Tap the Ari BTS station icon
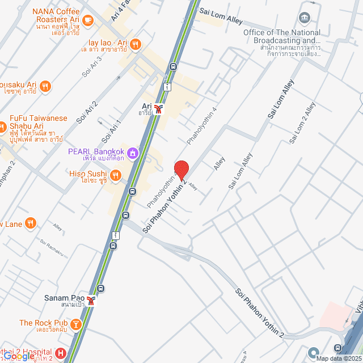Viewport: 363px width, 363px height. click(x=161, y=108)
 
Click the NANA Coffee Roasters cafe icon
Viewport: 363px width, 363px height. click(x=87, y=20)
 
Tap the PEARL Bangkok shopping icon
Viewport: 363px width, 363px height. click(x=133, y=152)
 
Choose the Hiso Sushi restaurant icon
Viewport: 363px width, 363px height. click(x=116, y=176)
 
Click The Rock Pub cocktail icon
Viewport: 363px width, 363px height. click(x=75, y=324)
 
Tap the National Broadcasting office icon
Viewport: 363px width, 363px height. click(x=306, y=18)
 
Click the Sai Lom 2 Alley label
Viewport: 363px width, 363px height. click(x=302, y=123)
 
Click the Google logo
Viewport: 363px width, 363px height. click(x=18, y=356)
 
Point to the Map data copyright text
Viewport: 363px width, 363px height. click(x=339, y=358)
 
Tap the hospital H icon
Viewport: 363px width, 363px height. click(x=61, y=353)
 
